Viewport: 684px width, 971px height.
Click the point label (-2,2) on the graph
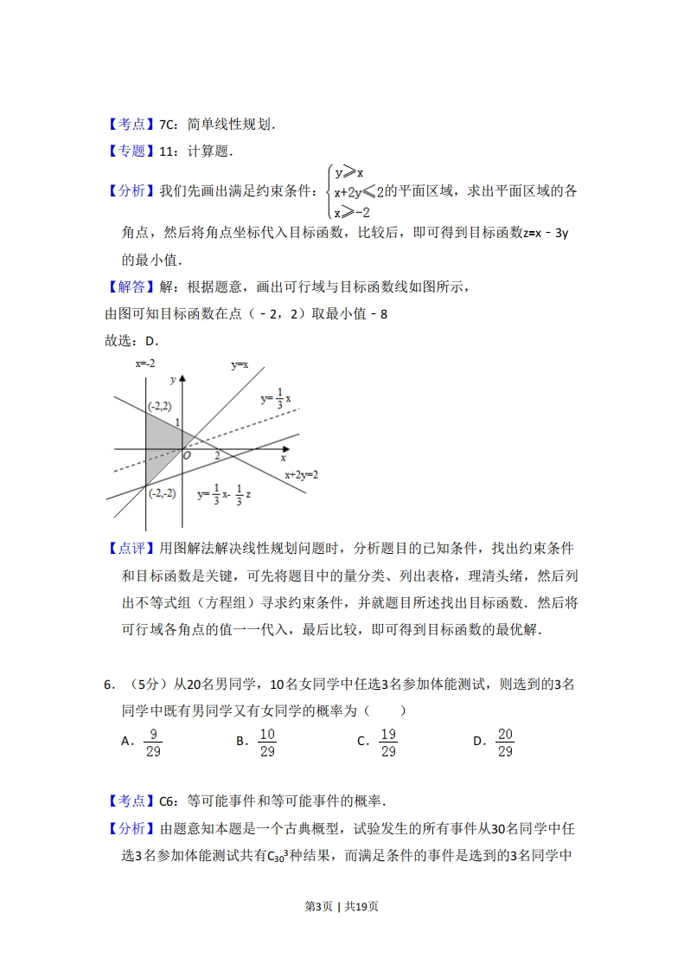(159, 405)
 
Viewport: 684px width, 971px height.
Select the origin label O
(187, 455)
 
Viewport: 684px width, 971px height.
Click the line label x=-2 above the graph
(145, 363)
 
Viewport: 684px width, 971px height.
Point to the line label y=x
(240, 365)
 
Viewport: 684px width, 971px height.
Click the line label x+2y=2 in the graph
(302, 474)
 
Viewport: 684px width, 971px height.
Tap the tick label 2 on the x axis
(217, 454)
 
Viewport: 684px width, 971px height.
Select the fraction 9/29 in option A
(153, 743)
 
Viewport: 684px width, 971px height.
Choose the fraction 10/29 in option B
(267, 743)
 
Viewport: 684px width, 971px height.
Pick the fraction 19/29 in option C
(388, 743)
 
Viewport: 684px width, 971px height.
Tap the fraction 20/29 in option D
(505, 743)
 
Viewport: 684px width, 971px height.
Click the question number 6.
(108, 685)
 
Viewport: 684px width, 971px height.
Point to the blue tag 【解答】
(131, 286)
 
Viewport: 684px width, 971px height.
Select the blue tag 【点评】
(131, 549)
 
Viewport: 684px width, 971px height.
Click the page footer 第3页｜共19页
(342, 906)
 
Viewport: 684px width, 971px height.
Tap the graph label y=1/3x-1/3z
(224, 494)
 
